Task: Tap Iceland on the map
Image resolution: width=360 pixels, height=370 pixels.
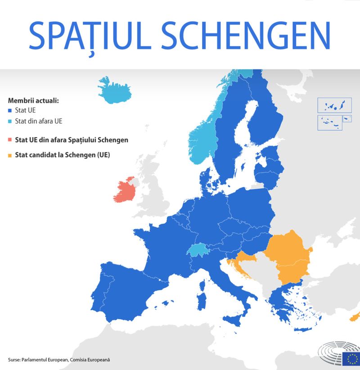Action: (x=115, y=90)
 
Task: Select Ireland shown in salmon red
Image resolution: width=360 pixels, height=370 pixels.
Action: (x=126, y=192)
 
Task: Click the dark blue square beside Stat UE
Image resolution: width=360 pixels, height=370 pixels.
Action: (x=10, y=110)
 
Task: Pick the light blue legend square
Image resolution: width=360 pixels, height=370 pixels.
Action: (x=10, y=122)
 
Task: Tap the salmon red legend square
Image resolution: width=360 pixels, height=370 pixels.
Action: (x=10, y=140)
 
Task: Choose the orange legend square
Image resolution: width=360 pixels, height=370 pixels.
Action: (x=10, y=156)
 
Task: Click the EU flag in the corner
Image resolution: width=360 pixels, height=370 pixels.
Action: (x=351, y=358)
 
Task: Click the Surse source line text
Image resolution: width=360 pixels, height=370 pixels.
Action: (x=59, y=360)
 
